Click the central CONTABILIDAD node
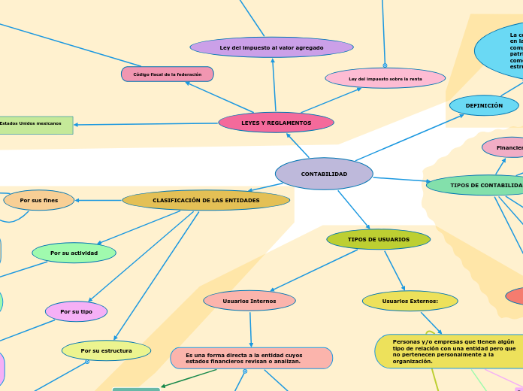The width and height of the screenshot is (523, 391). coord(324,174)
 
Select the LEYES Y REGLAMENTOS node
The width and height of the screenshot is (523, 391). coord(276,123)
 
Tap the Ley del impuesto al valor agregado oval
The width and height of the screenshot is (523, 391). coord(271,47)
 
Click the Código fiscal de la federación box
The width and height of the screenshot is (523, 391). coord(168,74)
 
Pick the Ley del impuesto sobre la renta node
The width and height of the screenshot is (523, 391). coord(385,78)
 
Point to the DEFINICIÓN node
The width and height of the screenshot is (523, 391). coord(484,106)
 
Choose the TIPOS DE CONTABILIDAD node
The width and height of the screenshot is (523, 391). coord(481,185)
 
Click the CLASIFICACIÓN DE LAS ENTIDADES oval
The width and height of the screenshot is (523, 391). coord(206,200)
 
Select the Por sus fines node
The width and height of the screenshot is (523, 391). coord(39,200)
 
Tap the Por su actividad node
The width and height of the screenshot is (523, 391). coord(74,253)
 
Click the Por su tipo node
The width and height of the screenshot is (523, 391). coord(76,311)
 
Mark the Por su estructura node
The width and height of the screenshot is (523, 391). coord(106,350)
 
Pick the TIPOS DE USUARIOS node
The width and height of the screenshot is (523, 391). coord(378,239)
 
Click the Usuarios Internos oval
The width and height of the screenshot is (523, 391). coord(249,301)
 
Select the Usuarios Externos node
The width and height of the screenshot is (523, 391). coord(410,301)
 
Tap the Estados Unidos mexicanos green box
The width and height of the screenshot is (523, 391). coord(35,124)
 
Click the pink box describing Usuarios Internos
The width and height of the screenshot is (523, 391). coord(251,358)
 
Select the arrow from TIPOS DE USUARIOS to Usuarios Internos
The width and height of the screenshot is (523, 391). coord(314,271)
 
